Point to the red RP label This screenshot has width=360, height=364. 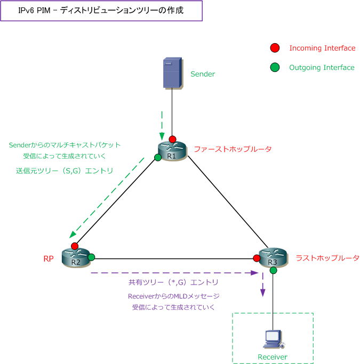(49, 259)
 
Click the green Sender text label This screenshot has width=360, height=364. (203, 74)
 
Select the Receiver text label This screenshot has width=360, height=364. (272, 357)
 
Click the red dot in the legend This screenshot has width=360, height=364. (274, 48)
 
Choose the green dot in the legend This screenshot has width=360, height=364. (274, 68)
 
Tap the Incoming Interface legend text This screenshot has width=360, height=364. (322, 48)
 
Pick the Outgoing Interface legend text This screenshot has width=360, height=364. (322, 68)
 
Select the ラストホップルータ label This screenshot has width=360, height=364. (327, 258)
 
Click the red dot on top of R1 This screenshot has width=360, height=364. (172, 139)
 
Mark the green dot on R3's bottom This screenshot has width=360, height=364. (273, 271)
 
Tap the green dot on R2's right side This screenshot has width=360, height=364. (91, 257)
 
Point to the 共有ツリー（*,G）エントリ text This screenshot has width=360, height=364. (174, 282)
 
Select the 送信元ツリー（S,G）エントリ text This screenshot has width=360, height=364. (65, 171)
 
